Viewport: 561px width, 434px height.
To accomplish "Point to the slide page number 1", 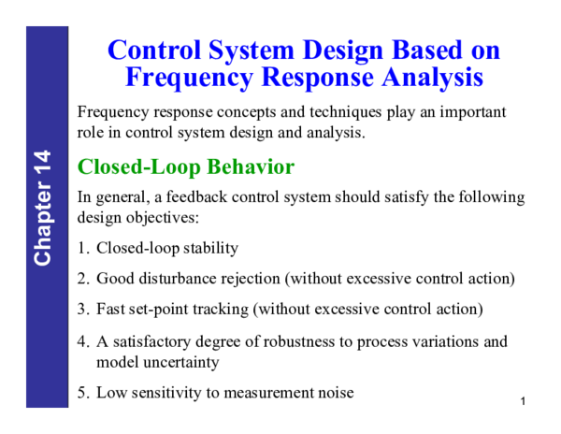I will coord(525,401).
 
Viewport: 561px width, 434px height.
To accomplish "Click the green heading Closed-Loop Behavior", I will coord(185,167).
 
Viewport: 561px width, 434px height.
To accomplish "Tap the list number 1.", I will coord(82,249).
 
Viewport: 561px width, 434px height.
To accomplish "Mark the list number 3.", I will coord(82,309).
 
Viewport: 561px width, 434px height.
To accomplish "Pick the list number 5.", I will coord(82,393).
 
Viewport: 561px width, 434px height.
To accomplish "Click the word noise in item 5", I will coord(335,393).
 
